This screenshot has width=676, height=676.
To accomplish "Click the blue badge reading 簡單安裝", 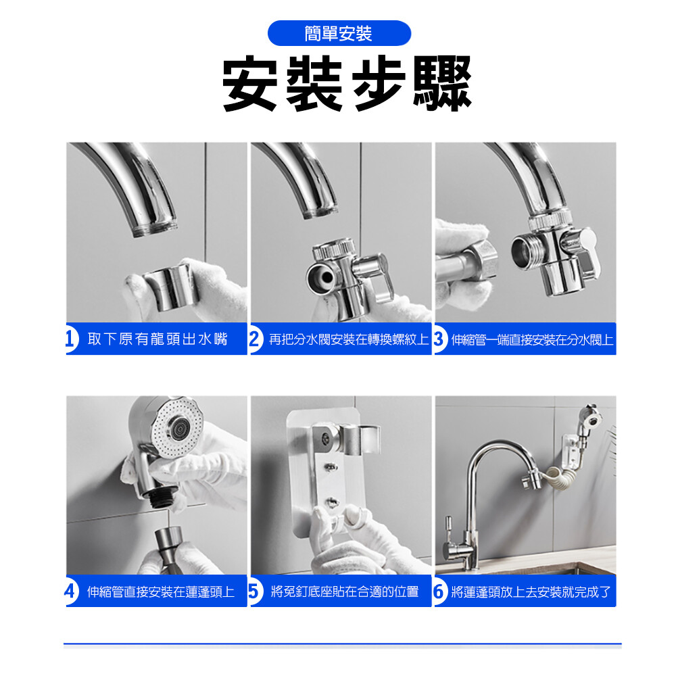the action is pyautogui.click(x=339, y=33).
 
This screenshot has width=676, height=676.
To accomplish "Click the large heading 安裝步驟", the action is pyautogui.click(x=347, y=84).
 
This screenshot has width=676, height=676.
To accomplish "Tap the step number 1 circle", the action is pyautogui.click(x=71, y=339).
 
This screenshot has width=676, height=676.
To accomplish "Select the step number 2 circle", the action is pyautogui.click(x=256, y=339).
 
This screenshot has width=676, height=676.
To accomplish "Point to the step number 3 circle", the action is pyautogui.click(x=440, y=339).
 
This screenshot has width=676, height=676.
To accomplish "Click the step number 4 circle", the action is pyautogui.click(x=71, y=591).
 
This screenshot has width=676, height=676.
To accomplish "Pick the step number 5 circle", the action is pyautogui.click(x=256, y=591).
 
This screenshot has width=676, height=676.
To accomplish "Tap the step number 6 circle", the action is pyautogui.click(x=440, y=591).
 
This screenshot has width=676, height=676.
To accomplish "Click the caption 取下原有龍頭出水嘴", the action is pyautogui.click(x=158, y=339).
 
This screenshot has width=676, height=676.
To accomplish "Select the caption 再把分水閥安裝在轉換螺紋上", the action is pyautogui.click(x=349, y=339).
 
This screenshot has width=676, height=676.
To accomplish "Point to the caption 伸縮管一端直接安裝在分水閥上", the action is pyautogui.click(x=533, y=340).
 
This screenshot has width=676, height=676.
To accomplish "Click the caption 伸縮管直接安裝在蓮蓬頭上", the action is pyautogui.click(x=161, y=591).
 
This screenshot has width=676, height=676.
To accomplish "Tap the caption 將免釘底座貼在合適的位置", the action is pyautogui.click(x=345, y=591).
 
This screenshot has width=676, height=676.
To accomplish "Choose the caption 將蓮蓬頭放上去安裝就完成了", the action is pyautogui.click(x=531, y=592).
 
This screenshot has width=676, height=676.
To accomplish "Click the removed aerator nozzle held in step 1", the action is pyautogui.click(x=170, y=286).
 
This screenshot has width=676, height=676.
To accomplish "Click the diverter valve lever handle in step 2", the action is pyautogui.click(x=379, y=276).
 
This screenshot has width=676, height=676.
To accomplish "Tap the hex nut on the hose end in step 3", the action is pyautogui.click(x=484, y=260).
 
